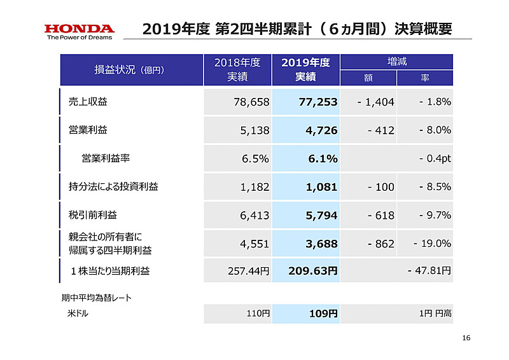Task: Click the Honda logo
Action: pyautogui.click(x=79, y=31)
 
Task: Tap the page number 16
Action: pyautogui.click(x=466, y=338)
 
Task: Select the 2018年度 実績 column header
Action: pyautogui.click(x=237, y=70)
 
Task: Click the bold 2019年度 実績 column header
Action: pyautogui.click(x=305, y=70)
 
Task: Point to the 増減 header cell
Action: pyautogui.click(x=397, y=62)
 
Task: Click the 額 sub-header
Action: pyautogui.click(x=368, y=78)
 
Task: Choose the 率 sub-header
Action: pyautogui.click(x=424, y=78)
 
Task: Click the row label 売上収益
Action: pyautogui.click(x=88, y=102)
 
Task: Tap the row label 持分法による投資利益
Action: pyautogui.click(x=113, y=186)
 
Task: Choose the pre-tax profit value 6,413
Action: pyautogui.click(x=254, y=216)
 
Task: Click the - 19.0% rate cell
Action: pyautogui.click(x=432, y=243)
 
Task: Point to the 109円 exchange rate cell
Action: pyautogui.click(x=324, y=314)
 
